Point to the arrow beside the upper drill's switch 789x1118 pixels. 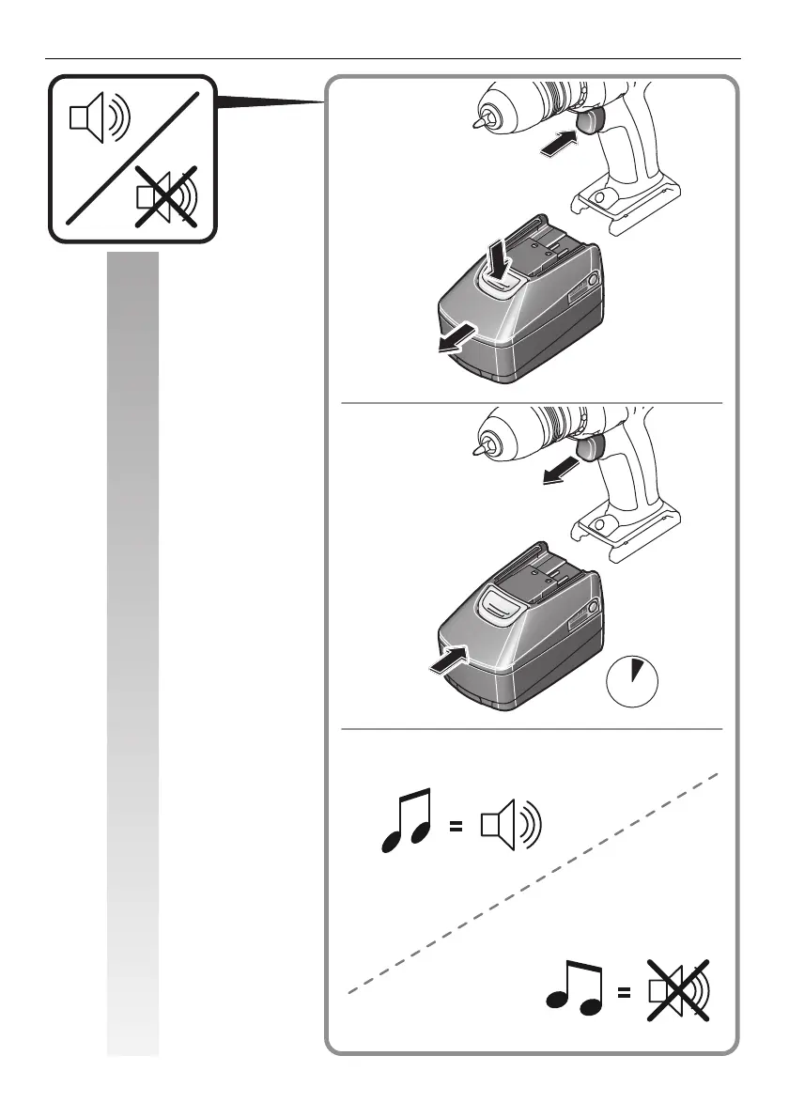(x=556, y=143)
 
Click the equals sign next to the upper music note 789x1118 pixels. (x=456, y=828)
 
